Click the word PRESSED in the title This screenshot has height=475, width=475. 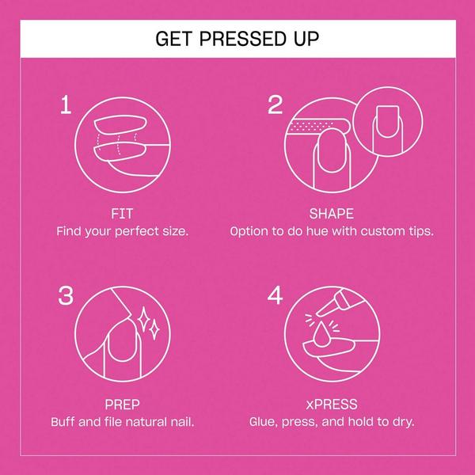(241, 39)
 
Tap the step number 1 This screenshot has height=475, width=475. (66, 104)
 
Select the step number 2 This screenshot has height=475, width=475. (275, 104)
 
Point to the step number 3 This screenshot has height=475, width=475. (66, 295)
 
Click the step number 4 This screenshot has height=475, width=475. (275, 295)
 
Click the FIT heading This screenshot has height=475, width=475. (122, 214)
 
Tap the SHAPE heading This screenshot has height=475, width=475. (332, 214)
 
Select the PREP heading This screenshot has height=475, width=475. (122, 405)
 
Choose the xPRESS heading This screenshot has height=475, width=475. (332, 405)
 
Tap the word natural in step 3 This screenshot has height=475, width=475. (146, 422)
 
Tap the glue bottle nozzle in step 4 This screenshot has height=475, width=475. (321, 310)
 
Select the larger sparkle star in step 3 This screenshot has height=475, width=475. (143, 320)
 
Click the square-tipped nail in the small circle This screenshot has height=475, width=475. (387, 121)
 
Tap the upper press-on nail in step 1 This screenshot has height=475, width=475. (120, 124)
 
